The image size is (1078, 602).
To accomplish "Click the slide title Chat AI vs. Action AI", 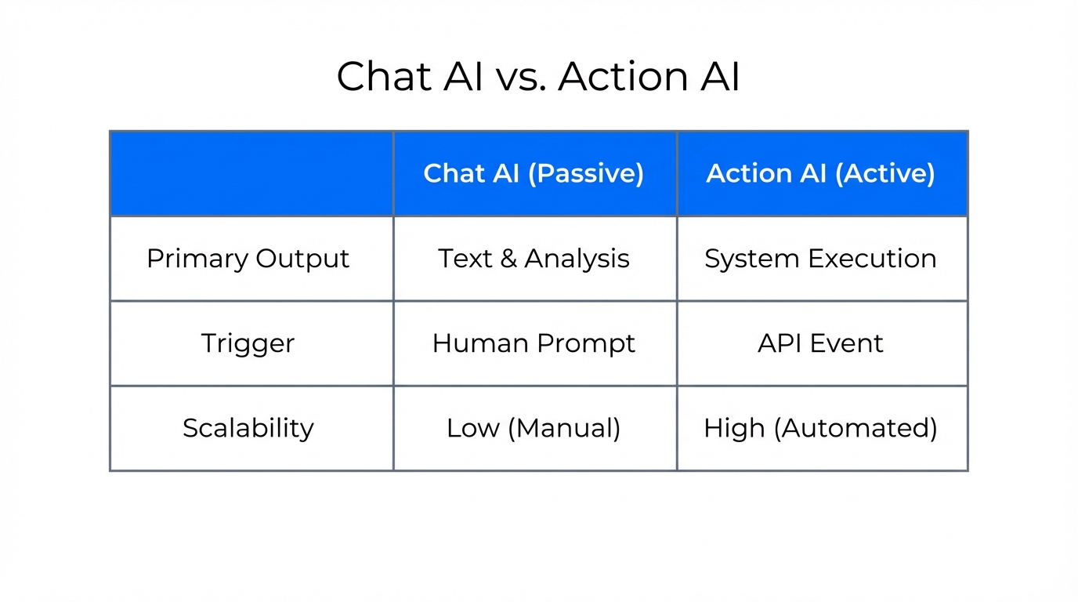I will click(x=538, y=77).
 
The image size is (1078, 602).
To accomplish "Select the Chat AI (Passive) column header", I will click(x=534, y=173).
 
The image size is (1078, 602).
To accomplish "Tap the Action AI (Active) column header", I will click(x=820, y=173).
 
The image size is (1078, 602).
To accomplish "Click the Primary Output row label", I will click(x=248, y=259).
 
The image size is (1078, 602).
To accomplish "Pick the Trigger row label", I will click(x=248, y=343).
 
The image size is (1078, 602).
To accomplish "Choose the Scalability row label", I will click(x=248, y=428).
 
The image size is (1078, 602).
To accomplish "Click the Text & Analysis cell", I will click(x=534, y=259).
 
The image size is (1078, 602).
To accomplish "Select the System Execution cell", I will click(x=820, y=259).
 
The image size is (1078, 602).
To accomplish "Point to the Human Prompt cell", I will click(x=534, y=343).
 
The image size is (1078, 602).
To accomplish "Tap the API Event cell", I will click(x=820, y=343).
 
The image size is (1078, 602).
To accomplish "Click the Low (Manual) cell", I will click(x=534, y=428).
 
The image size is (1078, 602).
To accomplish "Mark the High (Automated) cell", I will click(x=820, y=428).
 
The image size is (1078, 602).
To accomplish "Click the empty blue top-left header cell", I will click(x=251, y=173).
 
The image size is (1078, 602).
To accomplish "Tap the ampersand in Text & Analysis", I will click(x=508, y=259).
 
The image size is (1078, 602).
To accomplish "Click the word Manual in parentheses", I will click(x=568, y=428).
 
